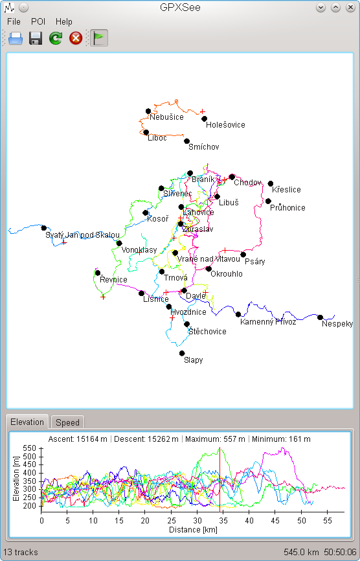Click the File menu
[14, 22]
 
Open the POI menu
[38, 22]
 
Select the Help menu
[63, 22]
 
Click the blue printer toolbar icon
[16, 38]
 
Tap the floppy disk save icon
[36, 38]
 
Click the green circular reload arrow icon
[56, 38]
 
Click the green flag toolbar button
[98, 38]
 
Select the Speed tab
[67, 422]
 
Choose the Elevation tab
[27, 422]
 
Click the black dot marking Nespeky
[320, 317]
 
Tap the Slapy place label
[194, 360]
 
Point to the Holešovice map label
[225, 125]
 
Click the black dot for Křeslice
[271, 184]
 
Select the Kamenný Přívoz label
[268, 322]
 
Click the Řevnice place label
[113, 279]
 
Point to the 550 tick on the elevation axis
[29, 448]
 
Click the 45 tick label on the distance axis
[275, 521]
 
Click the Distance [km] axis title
[193, 529]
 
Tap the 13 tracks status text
[20, 552]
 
